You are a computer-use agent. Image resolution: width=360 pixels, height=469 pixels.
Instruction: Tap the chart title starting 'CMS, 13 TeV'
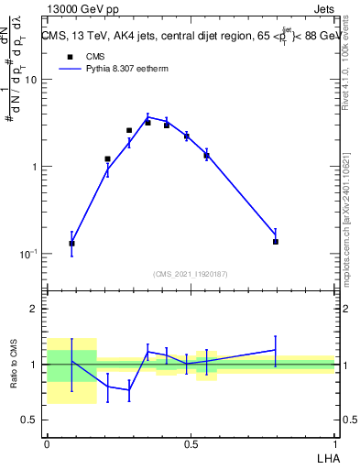[x=187, y=37]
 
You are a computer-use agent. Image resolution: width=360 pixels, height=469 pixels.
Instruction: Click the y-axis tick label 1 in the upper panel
[x=35, y=167]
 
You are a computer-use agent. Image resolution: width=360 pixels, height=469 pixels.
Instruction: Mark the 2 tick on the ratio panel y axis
[x=35, y=310]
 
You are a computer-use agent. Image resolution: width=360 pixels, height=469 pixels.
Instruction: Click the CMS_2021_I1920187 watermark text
[x=191, y=274]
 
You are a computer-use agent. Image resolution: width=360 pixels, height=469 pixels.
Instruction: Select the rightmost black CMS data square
[x=275, y=242]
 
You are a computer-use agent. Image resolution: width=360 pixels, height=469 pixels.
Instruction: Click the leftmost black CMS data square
[x=71, y=244]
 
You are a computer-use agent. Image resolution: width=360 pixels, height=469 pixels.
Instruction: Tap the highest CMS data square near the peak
[x=147, y=122]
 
